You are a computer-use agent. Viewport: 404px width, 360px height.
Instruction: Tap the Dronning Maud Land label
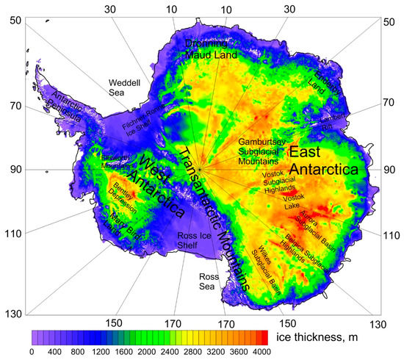point(211,48)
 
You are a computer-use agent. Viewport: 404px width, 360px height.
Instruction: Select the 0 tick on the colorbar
point(31,352)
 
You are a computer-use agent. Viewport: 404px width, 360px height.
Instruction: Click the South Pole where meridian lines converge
point(198,170)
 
